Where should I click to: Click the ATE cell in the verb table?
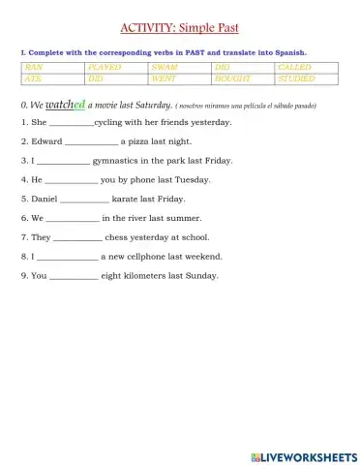[x=51, y=78]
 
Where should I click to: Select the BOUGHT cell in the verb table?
[x=241, y=78]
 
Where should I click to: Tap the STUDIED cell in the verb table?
[x=304, y=78]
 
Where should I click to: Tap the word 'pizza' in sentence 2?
[x=142, y=141]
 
